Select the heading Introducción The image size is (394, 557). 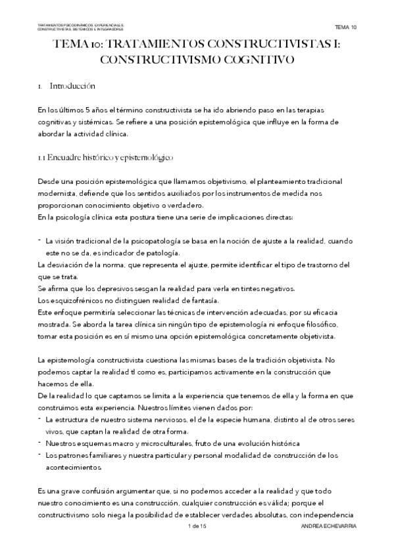point(73,86)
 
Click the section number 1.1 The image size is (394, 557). point(43,158)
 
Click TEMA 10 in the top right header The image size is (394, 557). point(345,27)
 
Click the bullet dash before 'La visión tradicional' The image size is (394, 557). point(40,241)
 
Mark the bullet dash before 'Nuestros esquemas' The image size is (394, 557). point(40,443)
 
